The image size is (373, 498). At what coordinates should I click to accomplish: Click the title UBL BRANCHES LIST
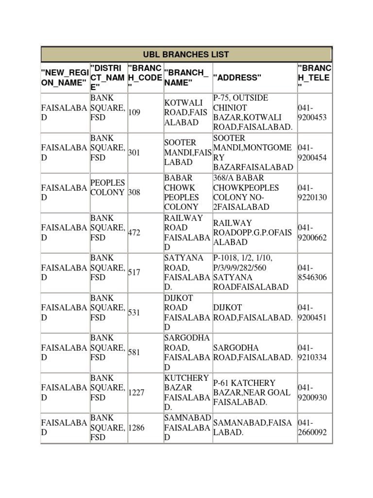186,54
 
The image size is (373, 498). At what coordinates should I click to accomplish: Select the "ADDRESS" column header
237,78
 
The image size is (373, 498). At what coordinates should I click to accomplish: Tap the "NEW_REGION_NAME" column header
64,78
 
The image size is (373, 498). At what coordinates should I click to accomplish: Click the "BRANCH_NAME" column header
186,78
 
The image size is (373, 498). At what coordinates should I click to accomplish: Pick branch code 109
134,113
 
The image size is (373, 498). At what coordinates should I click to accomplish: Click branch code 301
134,153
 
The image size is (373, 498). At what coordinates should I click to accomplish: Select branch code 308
134,193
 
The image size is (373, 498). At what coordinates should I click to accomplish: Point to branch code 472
134,232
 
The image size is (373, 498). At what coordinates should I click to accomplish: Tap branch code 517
134,272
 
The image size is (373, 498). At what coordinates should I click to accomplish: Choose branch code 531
134,312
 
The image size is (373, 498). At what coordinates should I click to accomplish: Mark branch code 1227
136,392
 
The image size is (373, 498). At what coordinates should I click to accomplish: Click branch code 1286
136,428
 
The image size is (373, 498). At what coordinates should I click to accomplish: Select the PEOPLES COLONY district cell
107,187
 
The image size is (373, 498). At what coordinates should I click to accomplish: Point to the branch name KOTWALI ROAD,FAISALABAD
186,113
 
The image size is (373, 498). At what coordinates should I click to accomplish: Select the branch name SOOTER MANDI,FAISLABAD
187,153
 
